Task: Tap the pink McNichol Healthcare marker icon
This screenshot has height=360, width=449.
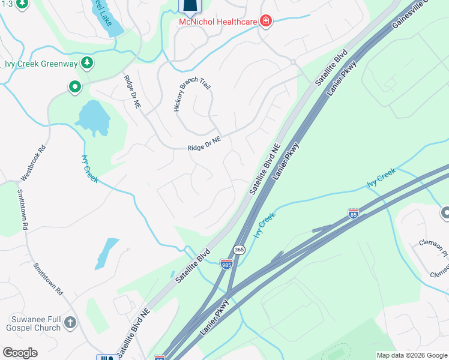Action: (265, 22)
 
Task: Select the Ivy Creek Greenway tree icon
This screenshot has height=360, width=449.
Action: (87, 62)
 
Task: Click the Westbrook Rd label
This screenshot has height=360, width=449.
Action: (33, 164)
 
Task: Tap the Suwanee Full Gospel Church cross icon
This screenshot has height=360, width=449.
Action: (70, 322)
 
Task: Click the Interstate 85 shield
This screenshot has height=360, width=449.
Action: (354, 213)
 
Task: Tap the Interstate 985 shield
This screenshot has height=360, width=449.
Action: (226, 264)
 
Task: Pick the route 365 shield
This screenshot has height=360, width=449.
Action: (239, 250)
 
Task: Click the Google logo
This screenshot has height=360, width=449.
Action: (20, 353)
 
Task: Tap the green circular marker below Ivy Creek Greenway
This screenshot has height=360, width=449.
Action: (75, 88)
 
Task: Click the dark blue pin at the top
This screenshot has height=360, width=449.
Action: (190, 6)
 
